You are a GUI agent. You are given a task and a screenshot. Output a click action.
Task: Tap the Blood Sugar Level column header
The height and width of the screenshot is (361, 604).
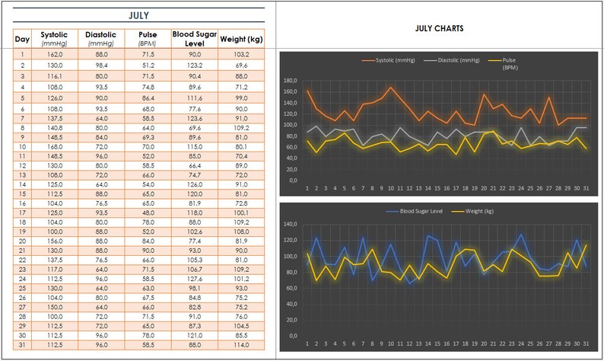click(x=194, y=37)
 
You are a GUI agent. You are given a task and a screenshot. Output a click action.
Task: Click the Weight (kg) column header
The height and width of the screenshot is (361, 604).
click(x=241, y=38)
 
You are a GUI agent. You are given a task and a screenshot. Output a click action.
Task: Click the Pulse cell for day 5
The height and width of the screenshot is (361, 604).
click(x=148, y=98)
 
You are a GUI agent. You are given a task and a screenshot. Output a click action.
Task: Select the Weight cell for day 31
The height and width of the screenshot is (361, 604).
click(x=241, y=345)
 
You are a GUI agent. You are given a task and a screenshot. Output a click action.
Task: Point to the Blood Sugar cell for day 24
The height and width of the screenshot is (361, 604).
click(x=194, y=279)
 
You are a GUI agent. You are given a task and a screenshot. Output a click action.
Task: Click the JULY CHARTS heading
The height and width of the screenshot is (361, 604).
click(x=440, y=28)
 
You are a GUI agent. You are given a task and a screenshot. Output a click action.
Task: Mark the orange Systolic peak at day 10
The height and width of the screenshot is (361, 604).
click(x=391, y=87)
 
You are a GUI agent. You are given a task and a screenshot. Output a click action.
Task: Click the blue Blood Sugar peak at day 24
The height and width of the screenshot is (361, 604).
click(x=521, y=235)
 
